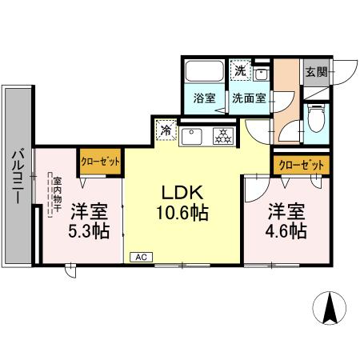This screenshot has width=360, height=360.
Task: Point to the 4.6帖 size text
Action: pos(286,232)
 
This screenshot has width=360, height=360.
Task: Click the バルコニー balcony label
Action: pos(17,178)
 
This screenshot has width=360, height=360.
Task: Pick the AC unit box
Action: pos(141,257)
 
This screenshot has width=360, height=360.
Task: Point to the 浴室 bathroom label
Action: pos(205,98)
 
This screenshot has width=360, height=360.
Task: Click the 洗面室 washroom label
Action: pos(249,98)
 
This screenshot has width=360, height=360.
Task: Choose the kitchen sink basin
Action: pos(191,137)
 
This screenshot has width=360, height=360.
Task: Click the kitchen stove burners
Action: pos(222,137)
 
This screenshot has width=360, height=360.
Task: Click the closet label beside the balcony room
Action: pos(100,161)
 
